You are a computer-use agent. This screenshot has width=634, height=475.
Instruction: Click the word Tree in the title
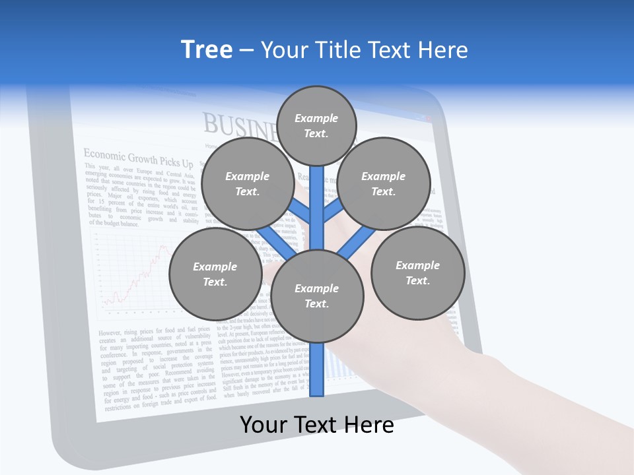point(207,50)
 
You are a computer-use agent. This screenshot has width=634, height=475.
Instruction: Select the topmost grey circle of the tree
point(316,125)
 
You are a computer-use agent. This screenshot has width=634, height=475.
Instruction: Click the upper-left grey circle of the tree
point(248,183)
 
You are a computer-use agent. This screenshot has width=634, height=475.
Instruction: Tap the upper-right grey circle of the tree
point(384,183)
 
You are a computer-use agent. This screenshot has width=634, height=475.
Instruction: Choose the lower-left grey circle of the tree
point(215,274)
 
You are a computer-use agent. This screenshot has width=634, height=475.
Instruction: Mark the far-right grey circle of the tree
point(417,272)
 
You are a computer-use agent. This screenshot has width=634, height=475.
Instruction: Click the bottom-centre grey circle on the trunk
point(317,296)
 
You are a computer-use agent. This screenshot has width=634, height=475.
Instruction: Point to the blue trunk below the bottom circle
point(317,369)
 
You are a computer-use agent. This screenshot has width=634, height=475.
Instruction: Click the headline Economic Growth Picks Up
point(138,158)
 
